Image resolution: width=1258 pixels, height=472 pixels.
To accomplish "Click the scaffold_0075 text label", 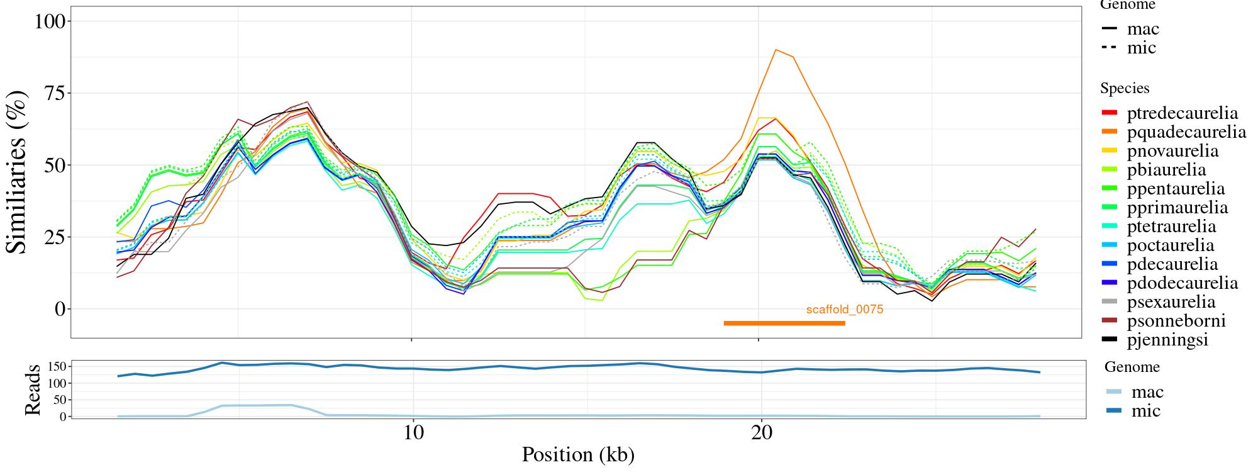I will [x=845, y=309].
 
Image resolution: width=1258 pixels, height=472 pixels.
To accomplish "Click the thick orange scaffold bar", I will [x=784, y=323].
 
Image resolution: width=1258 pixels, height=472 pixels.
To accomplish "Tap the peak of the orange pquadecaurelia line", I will [x=776, y=49].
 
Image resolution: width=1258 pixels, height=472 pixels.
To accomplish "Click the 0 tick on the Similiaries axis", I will [x=60, y=309].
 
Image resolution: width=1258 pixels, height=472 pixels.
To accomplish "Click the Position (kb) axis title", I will [x=577, y=455].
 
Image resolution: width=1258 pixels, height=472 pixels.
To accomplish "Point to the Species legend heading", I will [x=1125, y=89].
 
